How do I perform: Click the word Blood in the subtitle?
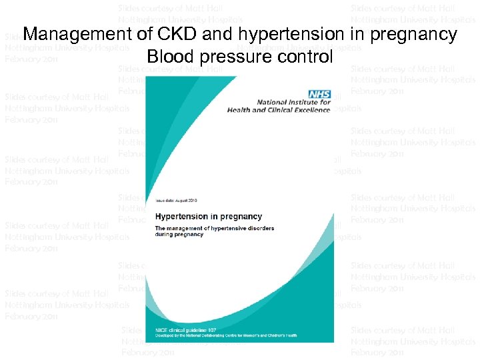coord(171,57)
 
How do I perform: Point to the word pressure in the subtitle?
coord(232,57)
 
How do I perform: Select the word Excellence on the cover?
coord(311,110)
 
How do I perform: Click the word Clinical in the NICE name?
coord(278,110)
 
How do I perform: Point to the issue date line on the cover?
coord(176,200)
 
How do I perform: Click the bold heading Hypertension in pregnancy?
coord(209,217)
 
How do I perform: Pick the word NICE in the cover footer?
coord(161,329)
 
